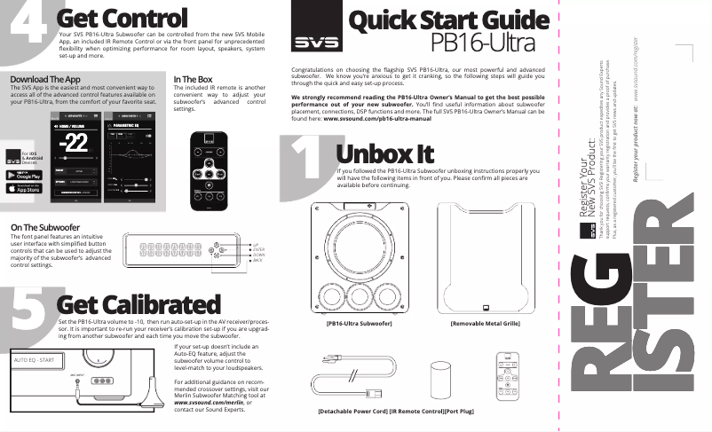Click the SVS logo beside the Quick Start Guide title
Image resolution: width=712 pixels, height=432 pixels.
(x=311, y=41)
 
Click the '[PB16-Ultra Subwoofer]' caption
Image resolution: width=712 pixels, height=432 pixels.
(x=360, y=324)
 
